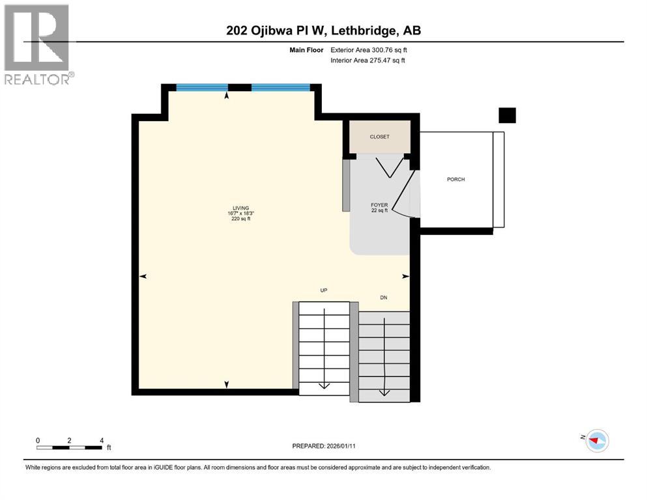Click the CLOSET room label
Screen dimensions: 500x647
coord(379,137)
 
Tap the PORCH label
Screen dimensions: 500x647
coord(456,180)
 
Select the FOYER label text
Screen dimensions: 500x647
coord(379,205)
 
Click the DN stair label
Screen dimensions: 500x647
coord(384,298)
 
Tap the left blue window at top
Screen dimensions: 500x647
coord(202,87)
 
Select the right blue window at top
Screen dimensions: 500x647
coord(280,87)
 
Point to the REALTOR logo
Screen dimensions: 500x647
coord(37,44)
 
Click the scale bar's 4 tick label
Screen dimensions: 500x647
coord(102,440)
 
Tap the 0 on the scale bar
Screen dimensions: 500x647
coord(38,440)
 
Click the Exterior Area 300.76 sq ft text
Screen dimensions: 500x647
coord(368,50)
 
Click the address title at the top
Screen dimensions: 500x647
coord(323,31)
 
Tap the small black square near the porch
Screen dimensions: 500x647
coord(507,115)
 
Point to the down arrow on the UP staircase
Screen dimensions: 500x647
coord(324,385)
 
